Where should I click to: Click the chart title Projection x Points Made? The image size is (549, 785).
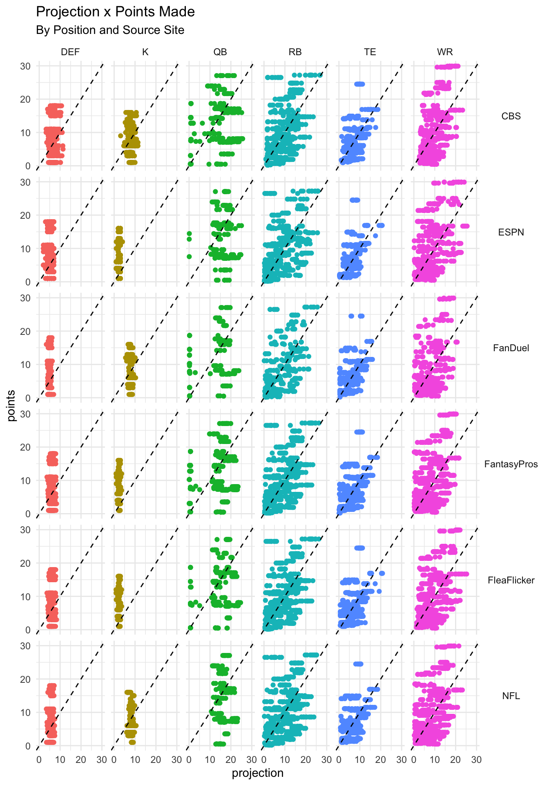[115, 12]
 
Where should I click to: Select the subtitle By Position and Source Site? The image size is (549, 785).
[110, 30]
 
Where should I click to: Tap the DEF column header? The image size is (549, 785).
[70, 52]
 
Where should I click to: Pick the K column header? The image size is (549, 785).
[145, 52]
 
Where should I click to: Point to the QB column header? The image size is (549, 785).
[220, 52]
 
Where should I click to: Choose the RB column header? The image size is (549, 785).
[295, 52]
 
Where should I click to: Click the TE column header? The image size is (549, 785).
[370, 52]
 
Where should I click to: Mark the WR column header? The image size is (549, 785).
[445, 52]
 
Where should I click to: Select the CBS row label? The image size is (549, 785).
[511, 116]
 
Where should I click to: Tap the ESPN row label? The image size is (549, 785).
[511, 232]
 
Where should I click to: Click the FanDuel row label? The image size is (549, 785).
[511, 348]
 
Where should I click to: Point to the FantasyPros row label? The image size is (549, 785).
[511, 464]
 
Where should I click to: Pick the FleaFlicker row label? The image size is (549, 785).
[511, 580]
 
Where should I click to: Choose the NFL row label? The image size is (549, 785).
[511, 696]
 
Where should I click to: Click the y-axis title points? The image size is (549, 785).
[11, 406]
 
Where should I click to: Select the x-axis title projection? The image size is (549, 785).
[257, 773]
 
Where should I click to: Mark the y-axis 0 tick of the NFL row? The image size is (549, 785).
[28, 746]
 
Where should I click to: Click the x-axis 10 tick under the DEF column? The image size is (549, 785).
[60, 760]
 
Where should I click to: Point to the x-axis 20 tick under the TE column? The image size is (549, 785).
[380, 760]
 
